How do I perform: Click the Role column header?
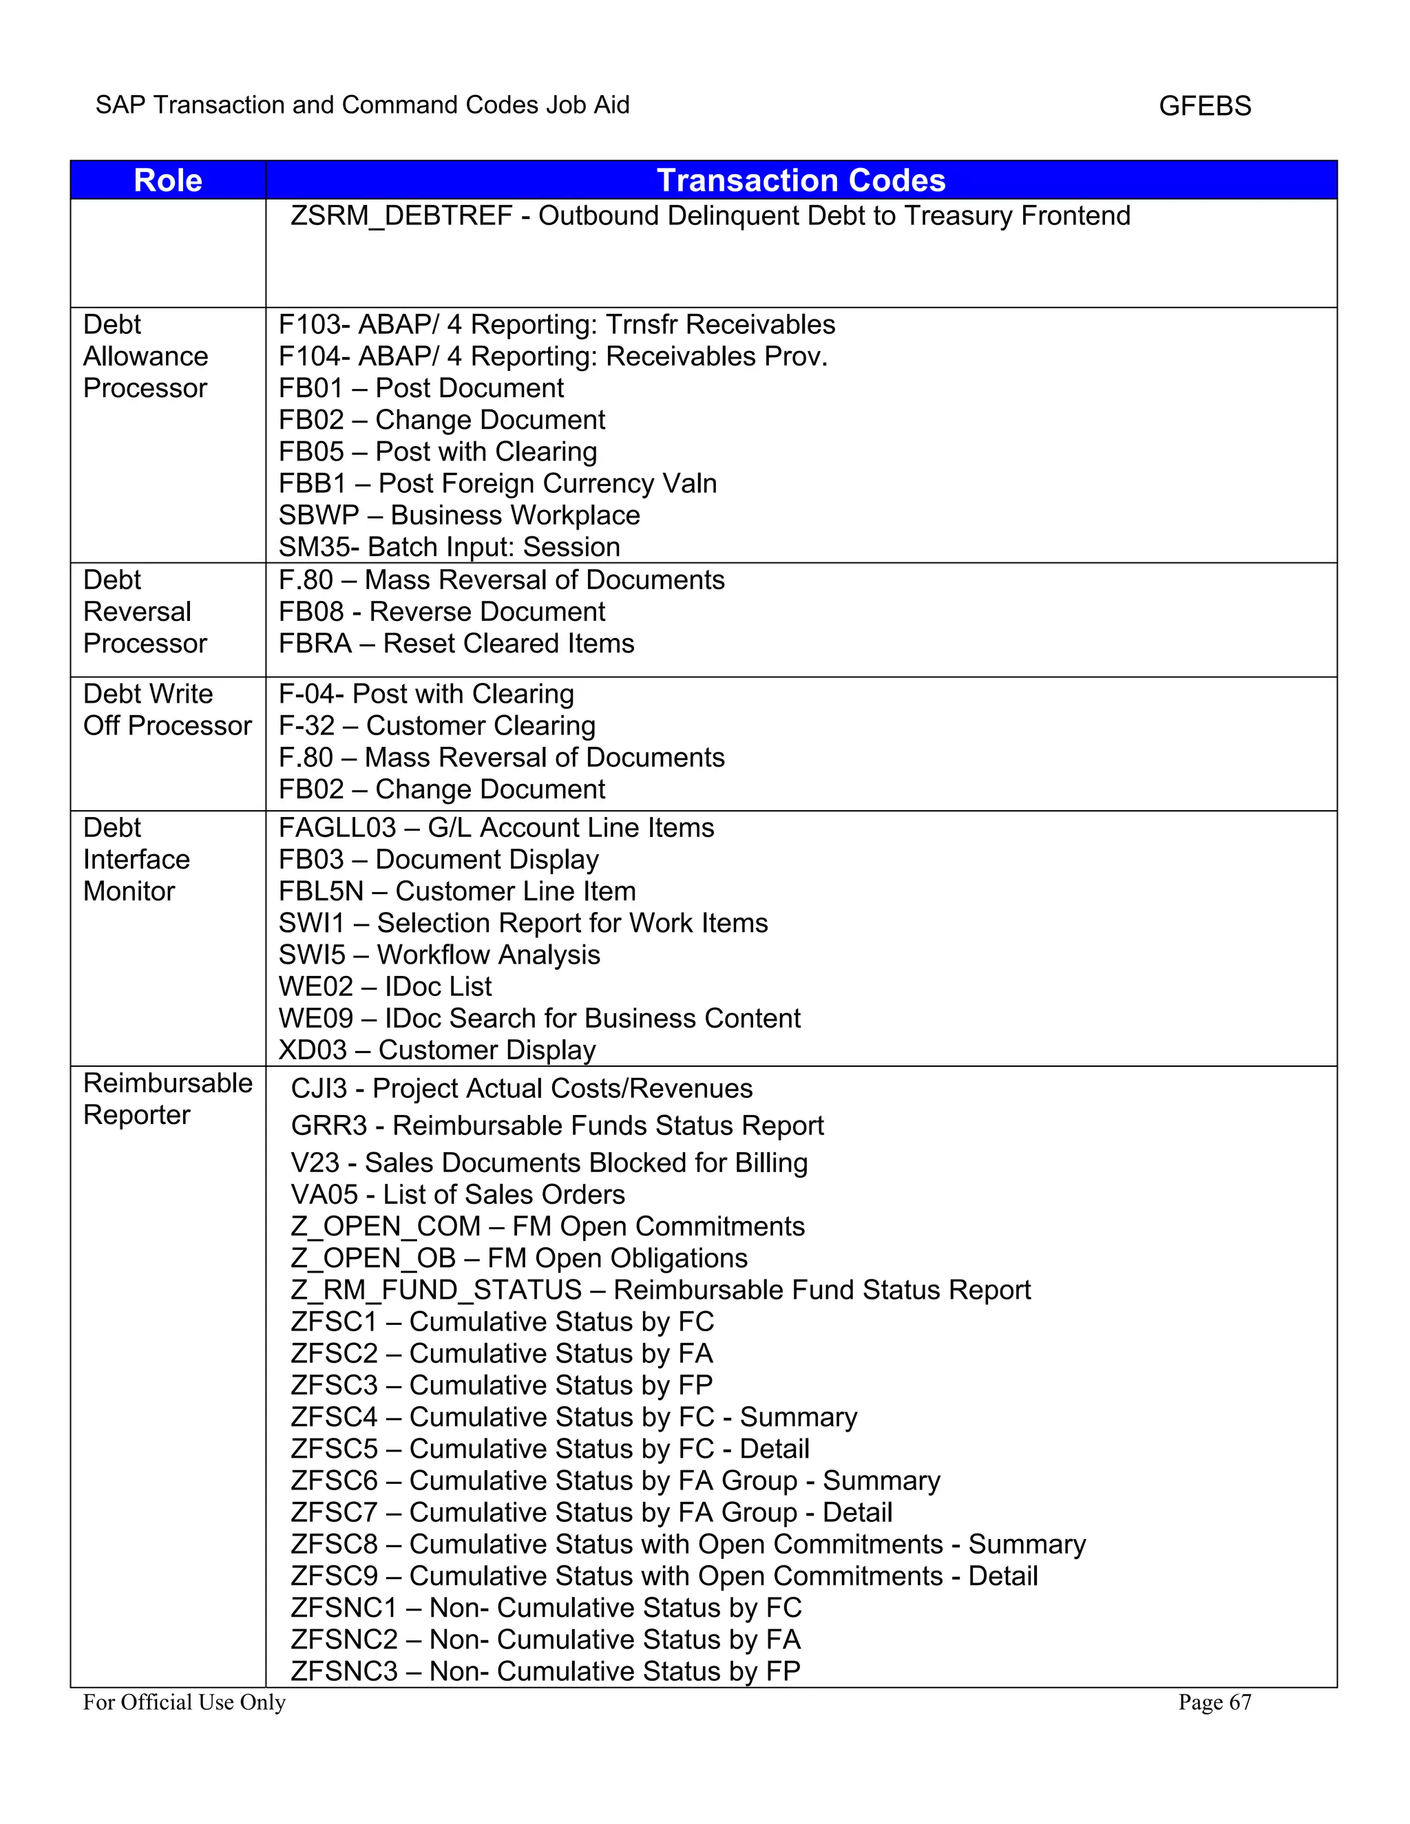tap(168, 180)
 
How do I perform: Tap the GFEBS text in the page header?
tap(1205, 106)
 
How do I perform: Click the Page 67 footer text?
tap(1214, 1702)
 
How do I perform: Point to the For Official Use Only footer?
tap(184, 1702)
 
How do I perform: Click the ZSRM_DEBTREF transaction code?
tap(401, 216)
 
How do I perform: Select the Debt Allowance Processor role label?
tap(145, 357)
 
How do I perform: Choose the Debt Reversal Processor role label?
tap(145, 612)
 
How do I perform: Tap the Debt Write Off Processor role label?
tap(167, 710)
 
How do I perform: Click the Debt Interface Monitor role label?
tap(136, 860)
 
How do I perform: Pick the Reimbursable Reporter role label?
tap(167, 1099)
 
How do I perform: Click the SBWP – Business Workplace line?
tap(459, 516)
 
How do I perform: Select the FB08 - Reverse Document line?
tap(442, 612)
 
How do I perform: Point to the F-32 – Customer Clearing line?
tap(437, 725)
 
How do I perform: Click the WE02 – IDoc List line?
tap(385, 986)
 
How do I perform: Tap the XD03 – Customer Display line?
tap(437, 1050)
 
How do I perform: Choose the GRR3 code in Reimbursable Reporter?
tap(329, 1126)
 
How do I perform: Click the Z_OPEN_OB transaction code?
tap(373, 1258)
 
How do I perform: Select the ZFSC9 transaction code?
tap(334, 1576)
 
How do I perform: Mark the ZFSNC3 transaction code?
tap(344, 1671)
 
